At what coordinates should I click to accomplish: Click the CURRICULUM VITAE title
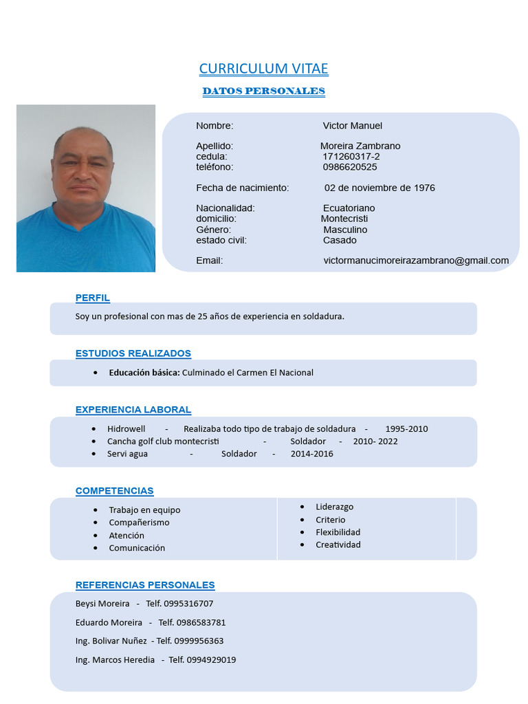pyautogui.click(x=263, y=69)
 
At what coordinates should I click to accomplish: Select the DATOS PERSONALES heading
pyautogui.click(x=263, y=91)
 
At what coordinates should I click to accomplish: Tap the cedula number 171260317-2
pyautogui.click(x=351, y=157)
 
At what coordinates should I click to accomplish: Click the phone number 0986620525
pyautogui.click(x=350, y=167)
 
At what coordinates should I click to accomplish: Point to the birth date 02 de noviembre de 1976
pyautogui.click(x=379, y=188)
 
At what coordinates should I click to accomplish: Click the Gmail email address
pyautogui.click(x=416, y=261)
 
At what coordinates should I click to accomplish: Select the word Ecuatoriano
pyautogui.click(x=349, y=208)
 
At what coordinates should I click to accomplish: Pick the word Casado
pyautogui.click(x=340, y=241)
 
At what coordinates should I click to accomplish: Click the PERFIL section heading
pyautogui.click(x=93, y=298)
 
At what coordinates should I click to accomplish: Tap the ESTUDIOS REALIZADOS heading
pyautogui.click(x=133, y=353)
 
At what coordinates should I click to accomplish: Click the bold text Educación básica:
pyautogui.click(x=144, y=373)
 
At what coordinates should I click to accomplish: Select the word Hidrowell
pyautogui.click(x=126, y=429)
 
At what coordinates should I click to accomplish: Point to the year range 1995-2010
pyautogui.click(x=406, y=429)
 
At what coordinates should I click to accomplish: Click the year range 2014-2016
pyautogui.click(x=311, y=454)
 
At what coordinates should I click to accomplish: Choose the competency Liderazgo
pyautogui.click(x=335, y=507)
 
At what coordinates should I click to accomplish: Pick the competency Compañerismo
pyautogui.click(x=139, y=522)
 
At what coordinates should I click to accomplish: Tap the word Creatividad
pyautogui.click(x=338, y=544)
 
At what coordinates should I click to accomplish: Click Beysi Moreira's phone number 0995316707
pyautogui.click(x=188, y=604)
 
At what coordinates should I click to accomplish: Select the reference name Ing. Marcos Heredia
pyautogui.click(x=115, y=660)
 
